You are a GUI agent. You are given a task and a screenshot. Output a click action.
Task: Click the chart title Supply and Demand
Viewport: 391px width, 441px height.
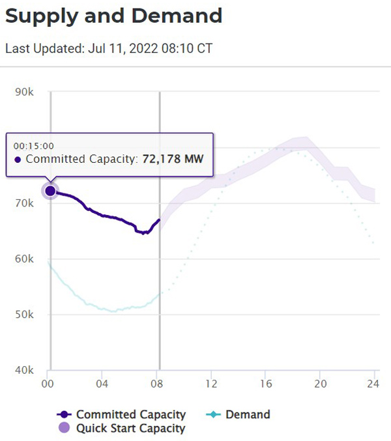pyautogui.click(x=113, y=16)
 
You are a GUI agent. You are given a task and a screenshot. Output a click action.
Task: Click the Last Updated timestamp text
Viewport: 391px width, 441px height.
pyautogui.click(x=108, y=48)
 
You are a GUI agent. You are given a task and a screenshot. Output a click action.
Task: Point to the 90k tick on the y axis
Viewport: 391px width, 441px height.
pyautogui.click(x=24, y=92)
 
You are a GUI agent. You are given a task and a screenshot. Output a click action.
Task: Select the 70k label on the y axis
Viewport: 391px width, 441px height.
pyautogui.click(x=24, y=203)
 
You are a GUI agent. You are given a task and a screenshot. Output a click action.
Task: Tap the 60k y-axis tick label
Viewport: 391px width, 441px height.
pyautogui.click(x=24, y=259)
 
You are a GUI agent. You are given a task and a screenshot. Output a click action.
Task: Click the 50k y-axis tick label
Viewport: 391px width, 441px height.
pyautogui.click(x=24, y=314)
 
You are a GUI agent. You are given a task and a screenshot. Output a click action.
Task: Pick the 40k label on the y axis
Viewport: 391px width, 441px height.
pyautogui.click(x=24, y=370)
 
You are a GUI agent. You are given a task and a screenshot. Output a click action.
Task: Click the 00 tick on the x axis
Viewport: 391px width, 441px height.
pyautogui.click(x=48, y=384)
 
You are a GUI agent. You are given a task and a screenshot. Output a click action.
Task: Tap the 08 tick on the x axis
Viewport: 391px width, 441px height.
pyautogui.click(x=157, y=384)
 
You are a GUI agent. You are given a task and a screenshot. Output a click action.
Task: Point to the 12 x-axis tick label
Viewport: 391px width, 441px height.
pyautogui.click(x=211, y=384)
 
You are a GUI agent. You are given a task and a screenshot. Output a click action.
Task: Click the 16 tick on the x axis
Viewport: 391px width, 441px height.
pyautogui.click(x=265, y=384)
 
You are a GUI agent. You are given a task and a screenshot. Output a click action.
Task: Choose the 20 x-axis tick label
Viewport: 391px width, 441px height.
pyautogui.click(x=320, y=384)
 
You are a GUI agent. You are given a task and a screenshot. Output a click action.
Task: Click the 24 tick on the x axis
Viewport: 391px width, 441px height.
pyautogui.click(x=373, y=384)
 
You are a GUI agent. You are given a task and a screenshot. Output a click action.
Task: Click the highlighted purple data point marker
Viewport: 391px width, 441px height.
pyautogui.click(x=50, y=191)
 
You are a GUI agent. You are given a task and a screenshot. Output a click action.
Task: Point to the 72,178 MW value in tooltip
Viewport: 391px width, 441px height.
pyautogui.click(x=173, y=160)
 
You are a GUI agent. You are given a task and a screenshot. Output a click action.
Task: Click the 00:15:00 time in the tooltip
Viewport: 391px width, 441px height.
pyautogui.click(x=33, y=146)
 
